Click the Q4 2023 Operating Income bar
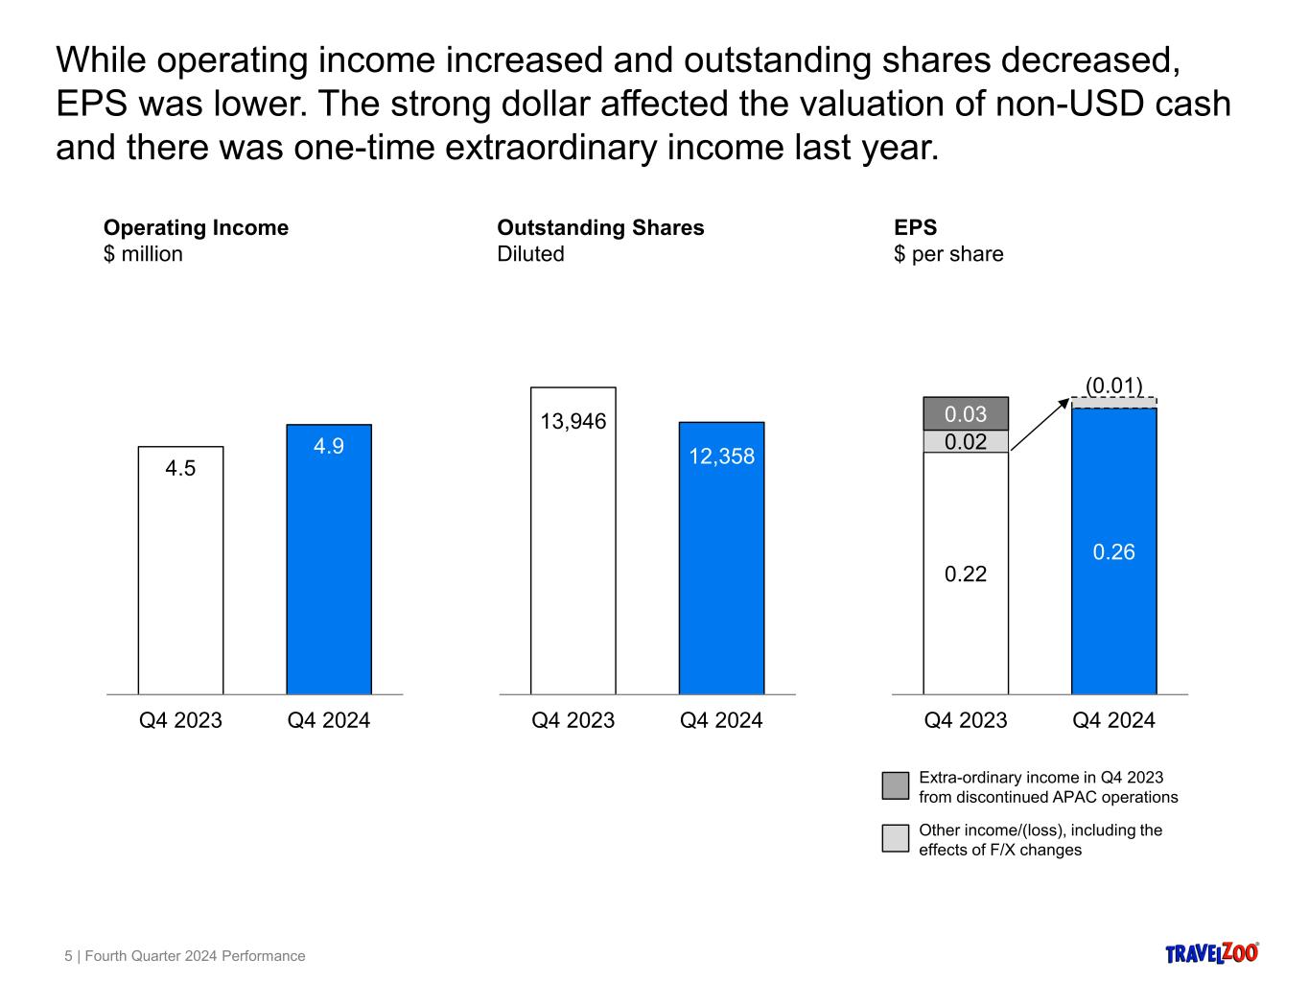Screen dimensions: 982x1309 pos(180,570)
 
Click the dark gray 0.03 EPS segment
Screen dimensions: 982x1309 pos(966,413)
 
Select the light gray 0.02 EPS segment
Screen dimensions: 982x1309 pos(966,441)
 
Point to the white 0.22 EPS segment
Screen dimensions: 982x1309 pos(966,573)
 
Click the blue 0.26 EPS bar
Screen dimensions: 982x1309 pos(1113,551)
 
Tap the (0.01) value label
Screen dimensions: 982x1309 pos(1113,386)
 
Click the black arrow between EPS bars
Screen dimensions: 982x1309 pos(1040,424)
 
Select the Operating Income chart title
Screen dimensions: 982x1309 pos(196,227)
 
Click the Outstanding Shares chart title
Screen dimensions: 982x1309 pos(600,227)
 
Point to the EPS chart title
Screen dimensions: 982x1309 pos(915,227)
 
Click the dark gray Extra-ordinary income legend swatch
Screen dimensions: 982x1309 pos(895,785)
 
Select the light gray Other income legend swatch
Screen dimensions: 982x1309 pos(895,838)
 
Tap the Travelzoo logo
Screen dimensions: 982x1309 pos(1211,952)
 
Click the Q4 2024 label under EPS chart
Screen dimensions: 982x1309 pos(1113,720)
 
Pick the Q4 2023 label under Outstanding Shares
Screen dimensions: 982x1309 pos(573,720)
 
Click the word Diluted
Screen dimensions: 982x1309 pos(530,254)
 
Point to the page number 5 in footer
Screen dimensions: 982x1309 pos(68,956)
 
